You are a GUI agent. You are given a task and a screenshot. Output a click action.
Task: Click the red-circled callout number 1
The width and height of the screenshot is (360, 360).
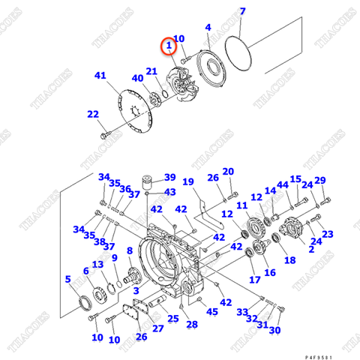(170, 46)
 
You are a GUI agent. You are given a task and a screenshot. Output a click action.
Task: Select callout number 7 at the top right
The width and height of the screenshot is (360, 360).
(242, 11)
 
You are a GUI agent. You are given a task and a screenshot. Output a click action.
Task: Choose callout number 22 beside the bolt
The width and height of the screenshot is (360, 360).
(92, 114)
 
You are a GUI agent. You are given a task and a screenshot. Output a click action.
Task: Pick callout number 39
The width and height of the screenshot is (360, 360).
(169, 178)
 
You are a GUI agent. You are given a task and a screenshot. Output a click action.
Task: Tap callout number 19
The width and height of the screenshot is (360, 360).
(187, 181)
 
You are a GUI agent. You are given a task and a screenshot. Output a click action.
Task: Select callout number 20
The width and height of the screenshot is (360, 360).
(228, 171)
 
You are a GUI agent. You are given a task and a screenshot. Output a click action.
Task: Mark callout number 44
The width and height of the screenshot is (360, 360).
(282, 184)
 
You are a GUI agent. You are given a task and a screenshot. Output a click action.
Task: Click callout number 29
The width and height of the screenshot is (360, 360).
(320, 181)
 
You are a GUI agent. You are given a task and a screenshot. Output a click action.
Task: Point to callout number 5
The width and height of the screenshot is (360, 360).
(68, 280)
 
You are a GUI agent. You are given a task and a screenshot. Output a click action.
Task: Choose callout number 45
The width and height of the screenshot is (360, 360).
(212, 311)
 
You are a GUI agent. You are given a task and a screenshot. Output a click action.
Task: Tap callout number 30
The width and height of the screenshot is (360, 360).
(274, 330)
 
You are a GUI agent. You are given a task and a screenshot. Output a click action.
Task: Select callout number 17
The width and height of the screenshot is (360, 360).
(255, 280)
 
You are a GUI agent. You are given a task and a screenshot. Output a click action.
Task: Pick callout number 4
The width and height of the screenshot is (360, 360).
(208, 28)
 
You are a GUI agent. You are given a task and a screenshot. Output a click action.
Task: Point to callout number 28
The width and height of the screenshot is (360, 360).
(192, 324)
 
